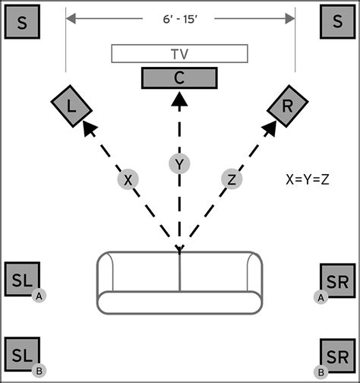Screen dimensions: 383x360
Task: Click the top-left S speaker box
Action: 22,24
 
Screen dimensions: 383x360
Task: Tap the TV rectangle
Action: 179,54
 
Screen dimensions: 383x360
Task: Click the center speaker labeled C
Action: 179,78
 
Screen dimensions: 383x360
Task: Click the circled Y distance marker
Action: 179,164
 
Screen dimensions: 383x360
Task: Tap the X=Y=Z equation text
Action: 308,181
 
